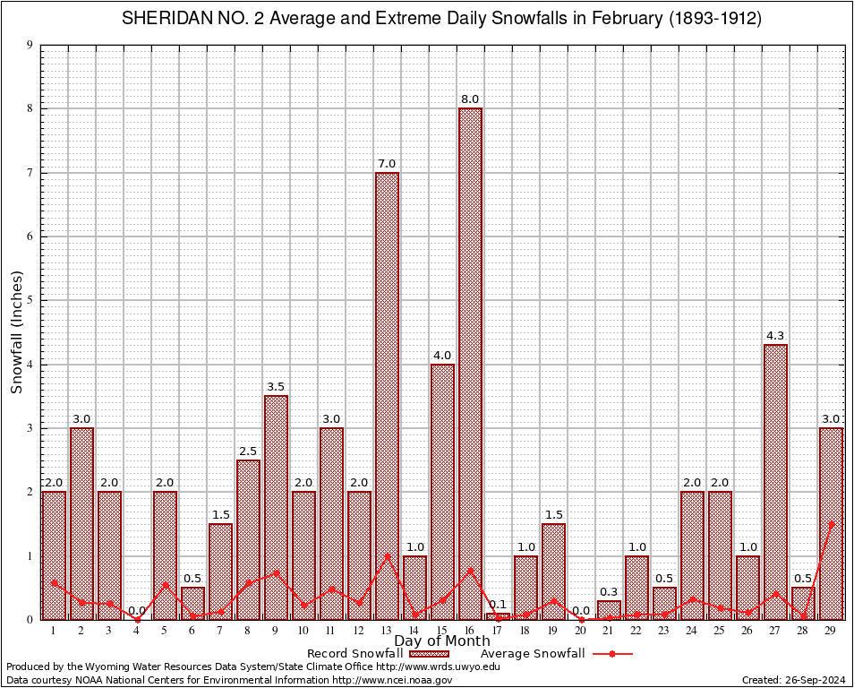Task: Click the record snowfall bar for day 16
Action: tap(470, 363)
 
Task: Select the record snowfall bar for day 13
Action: tap(387, 394)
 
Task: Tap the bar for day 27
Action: tap(775, 481)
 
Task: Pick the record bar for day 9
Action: tap(276, 506)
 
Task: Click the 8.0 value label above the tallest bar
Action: tap(470, 99)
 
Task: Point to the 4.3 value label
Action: tap(775, 336)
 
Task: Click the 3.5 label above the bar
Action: tap(276, 387)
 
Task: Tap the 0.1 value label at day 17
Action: tap(498, 605)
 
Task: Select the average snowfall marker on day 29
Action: tap(831, 524)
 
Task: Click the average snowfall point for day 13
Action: tap(387, 556)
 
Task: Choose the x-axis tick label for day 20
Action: tap(581, 631)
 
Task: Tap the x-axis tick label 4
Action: tap(137, 631)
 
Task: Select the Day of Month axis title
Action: tap(441, 641)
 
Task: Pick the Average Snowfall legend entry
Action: tap(555, 654)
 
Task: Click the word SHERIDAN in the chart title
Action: tap(165, 19)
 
